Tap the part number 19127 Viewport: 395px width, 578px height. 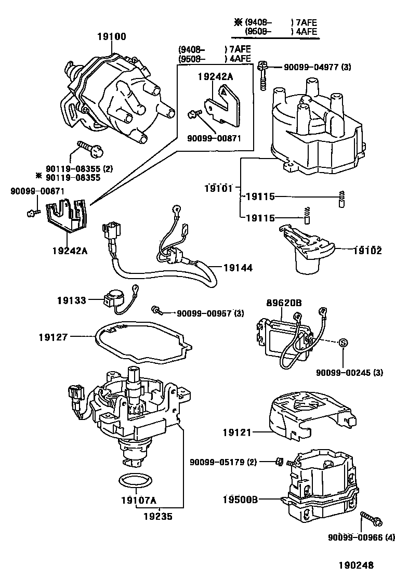click(53, 337)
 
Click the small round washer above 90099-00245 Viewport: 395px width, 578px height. click(343, 342)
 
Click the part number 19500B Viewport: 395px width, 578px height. click(237, 500)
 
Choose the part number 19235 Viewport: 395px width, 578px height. click(159, 517)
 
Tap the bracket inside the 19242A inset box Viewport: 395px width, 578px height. click(222, 103)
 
